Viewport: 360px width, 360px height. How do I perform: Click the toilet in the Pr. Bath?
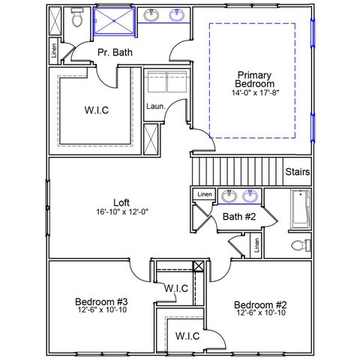pos(77,17)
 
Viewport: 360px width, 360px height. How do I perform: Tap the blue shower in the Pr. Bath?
pos(114,21)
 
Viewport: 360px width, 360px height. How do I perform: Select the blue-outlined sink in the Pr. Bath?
pos(176,15)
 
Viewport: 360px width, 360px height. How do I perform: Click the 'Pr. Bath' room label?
pos(115,52)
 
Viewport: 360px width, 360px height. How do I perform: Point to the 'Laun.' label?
pos(156,106)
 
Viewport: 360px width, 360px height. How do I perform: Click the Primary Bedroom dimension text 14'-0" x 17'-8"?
pos(255,93)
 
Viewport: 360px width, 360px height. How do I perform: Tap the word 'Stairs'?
pos(297,172)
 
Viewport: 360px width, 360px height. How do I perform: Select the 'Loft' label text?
pos(121,202)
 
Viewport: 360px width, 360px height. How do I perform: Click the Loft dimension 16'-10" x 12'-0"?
pos(122,212)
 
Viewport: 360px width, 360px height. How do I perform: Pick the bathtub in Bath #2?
pos(300,209)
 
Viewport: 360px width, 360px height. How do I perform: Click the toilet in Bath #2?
pos(301,245)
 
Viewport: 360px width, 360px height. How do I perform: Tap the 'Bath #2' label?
pos(239,217)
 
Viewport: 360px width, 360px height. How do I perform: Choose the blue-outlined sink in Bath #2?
pos(250,196)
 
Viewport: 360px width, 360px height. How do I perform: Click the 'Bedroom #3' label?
pos(101,301)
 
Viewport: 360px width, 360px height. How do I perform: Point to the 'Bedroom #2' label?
pos(260,304)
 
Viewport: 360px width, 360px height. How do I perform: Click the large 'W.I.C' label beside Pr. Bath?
pos(97,110)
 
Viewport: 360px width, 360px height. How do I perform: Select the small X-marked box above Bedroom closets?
pos(199,266)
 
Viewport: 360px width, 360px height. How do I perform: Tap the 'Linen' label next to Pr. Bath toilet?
pos(54,51)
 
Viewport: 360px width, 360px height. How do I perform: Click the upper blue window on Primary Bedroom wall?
pos(313,33)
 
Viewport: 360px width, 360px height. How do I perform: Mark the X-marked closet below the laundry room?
pos(151,139)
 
